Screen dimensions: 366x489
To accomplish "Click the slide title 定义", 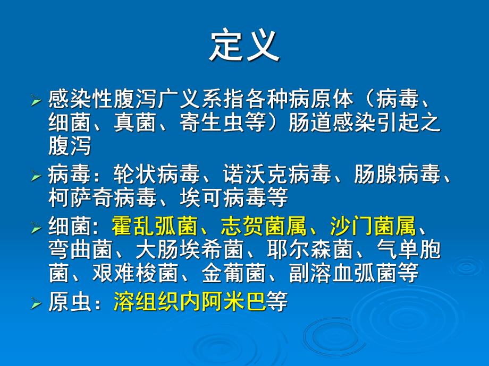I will coord(244,46).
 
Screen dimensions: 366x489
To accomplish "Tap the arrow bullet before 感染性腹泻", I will coord(36,100).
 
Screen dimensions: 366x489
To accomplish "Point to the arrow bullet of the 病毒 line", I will coord(36,176).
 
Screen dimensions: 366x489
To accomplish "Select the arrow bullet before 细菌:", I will coord(36,229).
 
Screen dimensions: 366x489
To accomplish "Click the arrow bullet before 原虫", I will coord(36,304).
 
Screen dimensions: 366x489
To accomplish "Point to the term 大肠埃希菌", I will coord(189,250).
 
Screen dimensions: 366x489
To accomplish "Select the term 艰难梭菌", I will coord(135,273).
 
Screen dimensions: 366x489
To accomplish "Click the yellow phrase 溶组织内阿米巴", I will coord(189,302).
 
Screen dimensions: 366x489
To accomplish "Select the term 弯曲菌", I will coord(80,250).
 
